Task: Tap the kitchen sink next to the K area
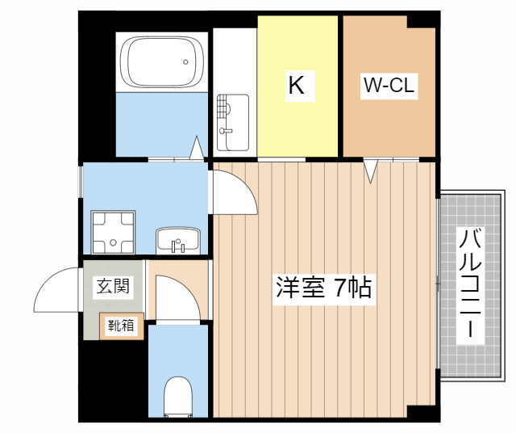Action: click(x=233, y=121)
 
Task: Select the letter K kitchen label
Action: click(x=296, y=85)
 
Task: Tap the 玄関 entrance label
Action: click(x=113, y=285)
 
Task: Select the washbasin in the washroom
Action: click(x=178, y=240)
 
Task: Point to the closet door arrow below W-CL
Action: click(x=370, y=171)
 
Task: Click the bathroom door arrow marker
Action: click(x=196, y=149)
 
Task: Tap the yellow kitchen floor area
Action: click(x=297, y=121)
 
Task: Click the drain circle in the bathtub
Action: click(x=186, y=60)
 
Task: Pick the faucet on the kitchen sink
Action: click(x=226, y=129)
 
